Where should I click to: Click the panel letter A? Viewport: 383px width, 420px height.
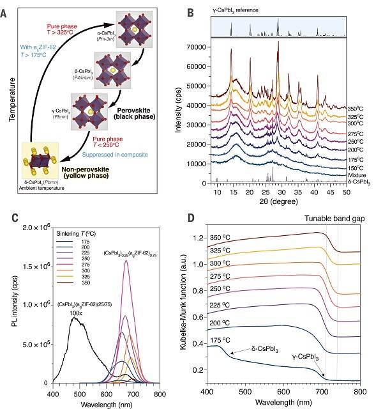(x=6, y=9)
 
